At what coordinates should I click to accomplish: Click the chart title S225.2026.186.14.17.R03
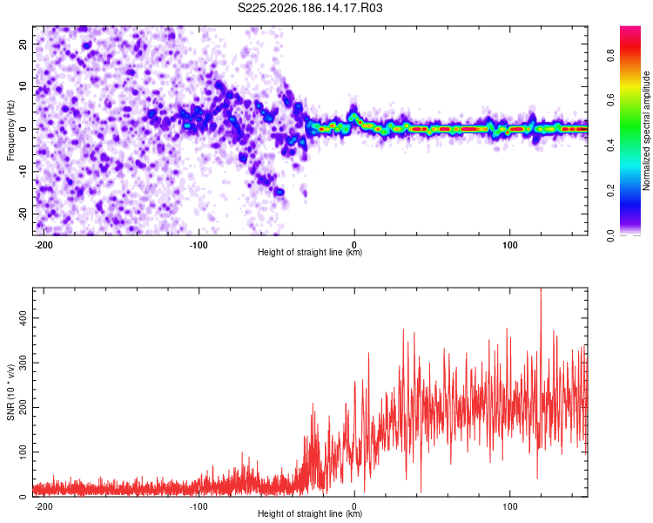(x=310, y=8)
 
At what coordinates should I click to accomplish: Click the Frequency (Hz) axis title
(x=10, y=130)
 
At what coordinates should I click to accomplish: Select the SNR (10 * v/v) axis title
(x=10, y=392)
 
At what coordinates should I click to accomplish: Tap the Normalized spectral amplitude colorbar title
(x=646, y=131)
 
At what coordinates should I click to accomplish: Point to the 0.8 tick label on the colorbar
(x=610, y=56)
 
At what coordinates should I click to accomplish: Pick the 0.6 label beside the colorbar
(x=610, y=100)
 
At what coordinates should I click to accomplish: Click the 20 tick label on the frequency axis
(x=24, y=44)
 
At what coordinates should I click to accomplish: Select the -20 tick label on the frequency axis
(x=24, y=214)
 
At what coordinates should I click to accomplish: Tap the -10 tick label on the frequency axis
(x=24, y=172)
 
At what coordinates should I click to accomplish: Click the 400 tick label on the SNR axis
(x=24, y=318)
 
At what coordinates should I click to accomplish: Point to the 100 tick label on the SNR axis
(x=24, y=452)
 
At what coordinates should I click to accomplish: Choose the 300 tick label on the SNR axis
(x=24, y=363)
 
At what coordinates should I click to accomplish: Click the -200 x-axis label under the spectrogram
(x=43, y=245)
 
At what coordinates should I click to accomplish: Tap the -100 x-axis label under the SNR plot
(x=199, y=506)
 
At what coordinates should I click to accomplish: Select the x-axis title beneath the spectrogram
(x=310, y=252)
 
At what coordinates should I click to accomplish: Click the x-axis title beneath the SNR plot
(x=310, y=513)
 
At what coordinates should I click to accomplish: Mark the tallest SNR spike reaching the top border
(x=541, y=289)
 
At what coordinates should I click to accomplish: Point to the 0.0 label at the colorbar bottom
(x=610, y=235)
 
